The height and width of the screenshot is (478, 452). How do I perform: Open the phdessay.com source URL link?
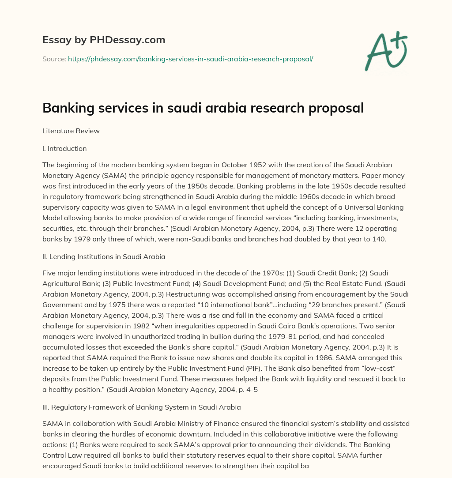pyautogui.click(x=190, y=59)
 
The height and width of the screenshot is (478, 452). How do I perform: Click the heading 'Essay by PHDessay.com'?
pyautogui.click(x=104, y=40)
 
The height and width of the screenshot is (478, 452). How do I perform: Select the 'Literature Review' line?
pyautogui.click(x=71, y=131)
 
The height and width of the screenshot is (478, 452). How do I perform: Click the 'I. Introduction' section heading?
pyautogui.click(x=64, y=149)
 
